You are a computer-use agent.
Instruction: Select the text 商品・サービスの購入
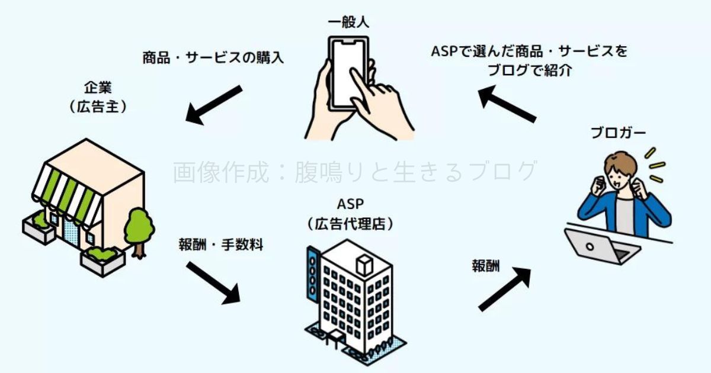click(213, 58)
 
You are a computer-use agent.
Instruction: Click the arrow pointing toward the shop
click(214, 105)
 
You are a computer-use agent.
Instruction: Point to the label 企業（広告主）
click(98, 97)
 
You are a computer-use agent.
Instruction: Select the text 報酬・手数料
click(220, 244)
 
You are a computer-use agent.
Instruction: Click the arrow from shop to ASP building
click(213, 282)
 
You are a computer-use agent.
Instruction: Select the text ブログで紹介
click(529, 70)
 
